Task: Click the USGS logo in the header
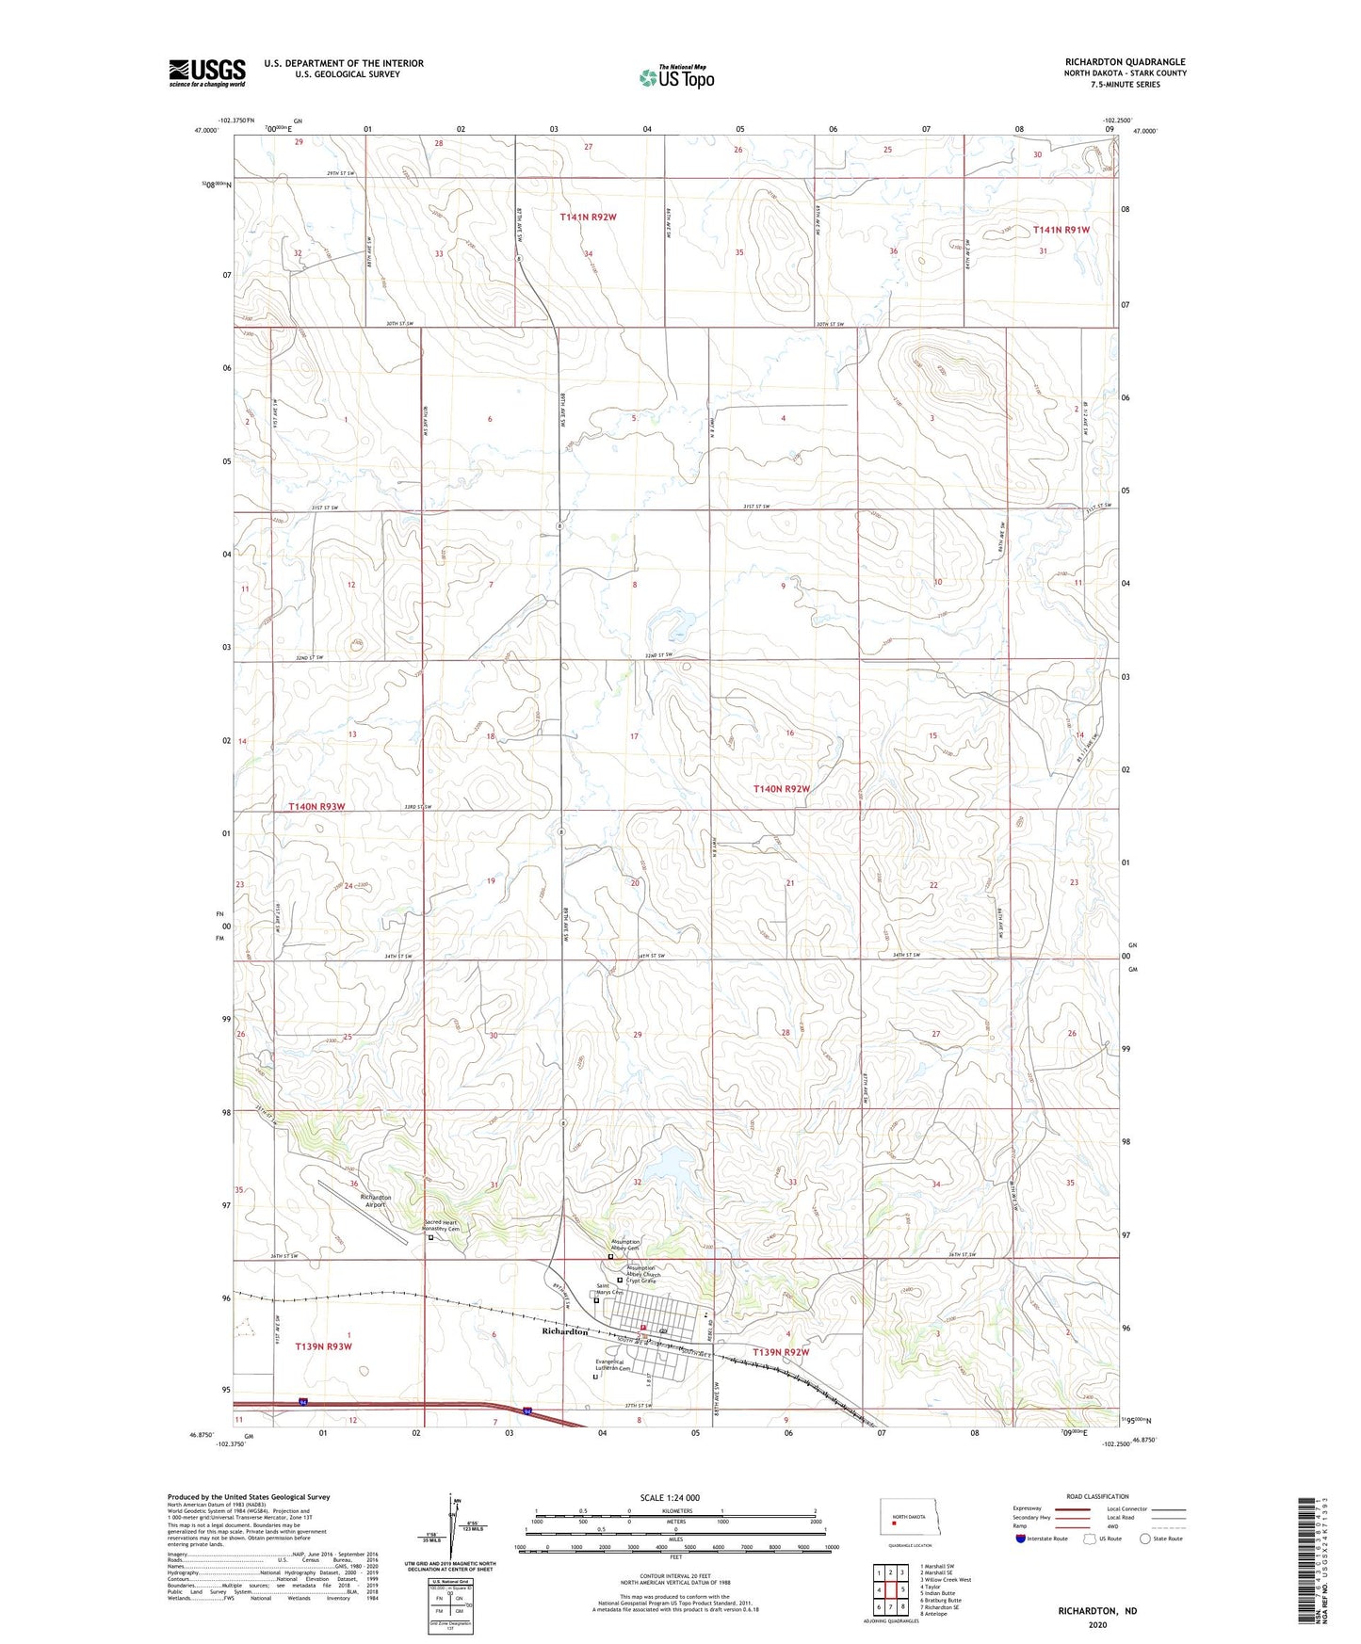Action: (206, 73)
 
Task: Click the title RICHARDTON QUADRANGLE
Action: (1125, 62)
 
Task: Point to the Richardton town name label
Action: (565, 1331)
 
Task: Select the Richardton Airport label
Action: (376, 1201)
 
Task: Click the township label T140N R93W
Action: (316, 807)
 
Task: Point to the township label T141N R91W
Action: (1061, 230)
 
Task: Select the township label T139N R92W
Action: (781, 1352)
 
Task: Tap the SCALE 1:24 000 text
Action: (669, 1497)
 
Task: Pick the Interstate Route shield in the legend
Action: (1021, 1539)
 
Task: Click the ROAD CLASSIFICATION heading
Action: (1097, 1496)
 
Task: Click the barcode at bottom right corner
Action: (1304, 1563)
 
